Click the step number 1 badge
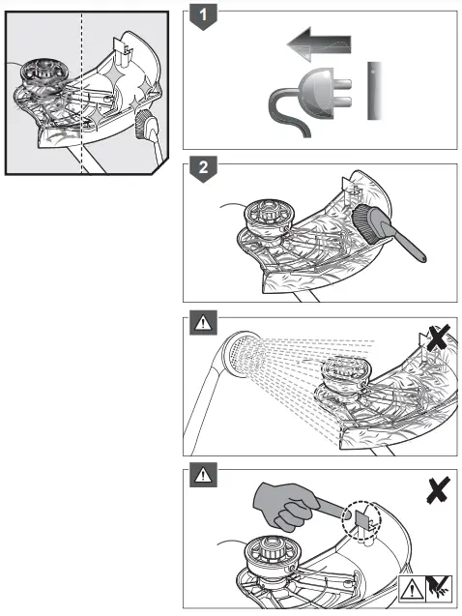pyautogui.click(x=200, y=16)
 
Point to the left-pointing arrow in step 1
pyautogui.click(x=319, y=44)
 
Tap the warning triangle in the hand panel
pyautogui.click(x=200, y=474)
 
